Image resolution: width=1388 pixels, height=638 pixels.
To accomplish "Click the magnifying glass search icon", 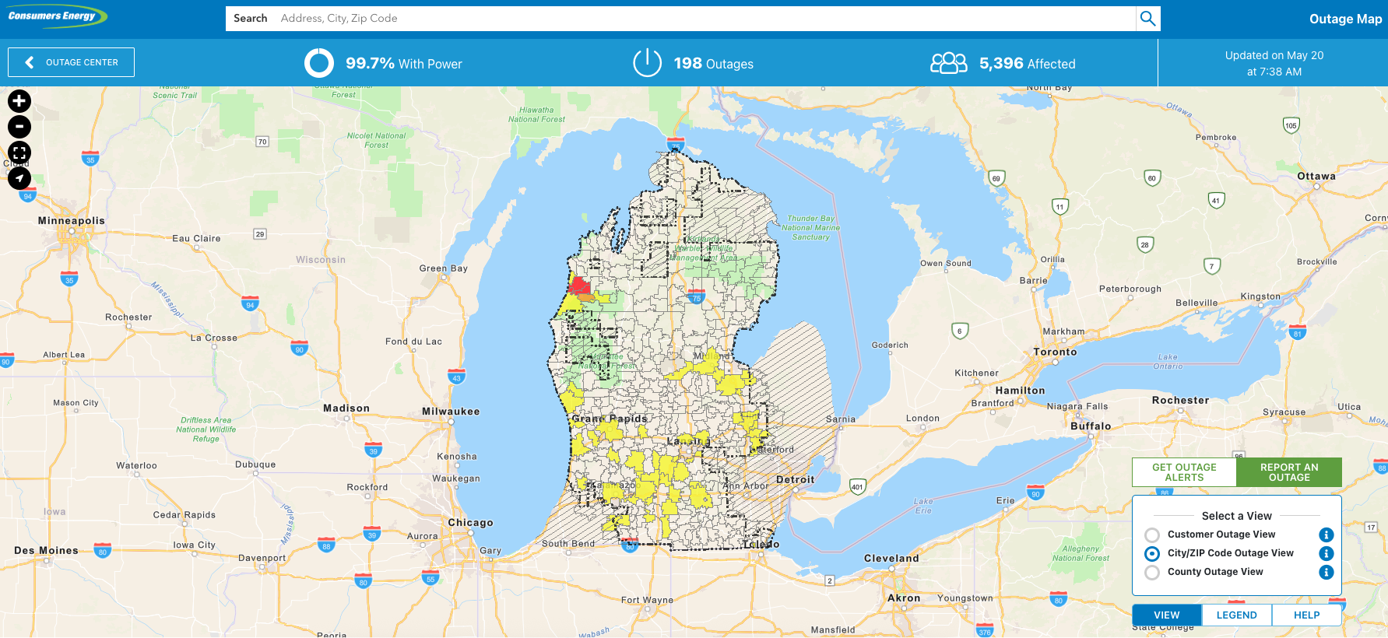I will [x=1147, y=19].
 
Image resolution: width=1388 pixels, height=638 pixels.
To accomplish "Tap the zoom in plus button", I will [x=19, y=101].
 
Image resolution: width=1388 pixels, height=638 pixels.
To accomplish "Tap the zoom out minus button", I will [x=19, y=127].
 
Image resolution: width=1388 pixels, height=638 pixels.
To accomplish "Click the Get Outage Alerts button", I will [x=1184, y=472].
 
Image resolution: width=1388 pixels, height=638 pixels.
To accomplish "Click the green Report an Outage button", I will [x=1289, y=472].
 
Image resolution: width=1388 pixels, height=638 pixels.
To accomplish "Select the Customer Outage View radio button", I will [x=1152, y=535].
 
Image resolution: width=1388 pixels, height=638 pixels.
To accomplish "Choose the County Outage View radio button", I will [x=1152, y=573].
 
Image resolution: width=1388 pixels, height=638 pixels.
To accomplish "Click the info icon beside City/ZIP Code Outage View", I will [x=1327, y=553].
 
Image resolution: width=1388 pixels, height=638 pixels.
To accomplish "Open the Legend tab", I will [x=1236, y=615].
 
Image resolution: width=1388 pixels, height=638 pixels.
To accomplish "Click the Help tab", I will [x=1306, y=615].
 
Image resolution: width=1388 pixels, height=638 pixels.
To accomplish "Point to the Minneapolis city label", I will [x=71, y=221].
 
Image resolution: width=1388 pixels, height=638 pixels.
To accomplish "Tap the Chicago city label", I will [x=470, y=523].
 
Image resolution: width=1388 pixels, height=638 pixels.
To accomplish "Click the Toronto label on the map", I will [x=1055, y=352].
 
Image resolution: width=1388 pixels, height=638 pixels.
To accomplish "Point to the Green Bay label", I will [x=443, y=268].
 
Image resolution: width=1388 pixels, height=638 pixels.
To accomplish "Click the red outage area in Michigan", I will [x=578, y=284].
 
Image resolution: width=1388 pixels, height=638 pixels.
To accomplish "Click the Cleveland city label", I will [x=891, y=559].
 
